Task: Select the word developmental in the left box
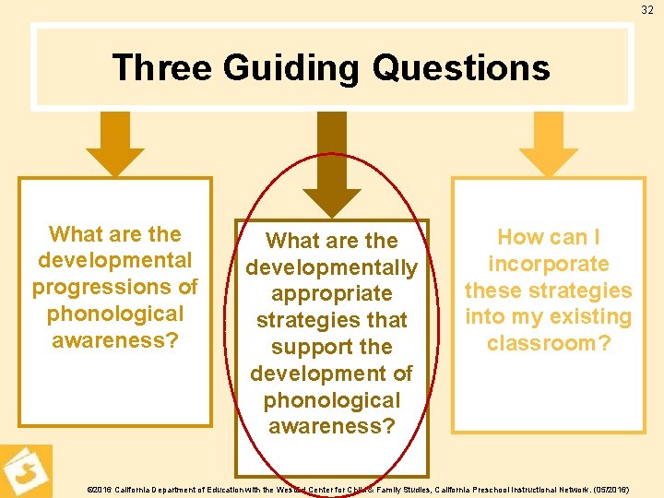pos(115,260)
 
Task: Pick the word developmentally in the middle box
pos(332,267)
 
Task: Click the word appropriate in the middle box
pos(332,294)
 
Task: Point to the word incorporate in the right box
pos(548,264)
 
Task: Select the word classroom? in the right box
pos(548,344)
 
